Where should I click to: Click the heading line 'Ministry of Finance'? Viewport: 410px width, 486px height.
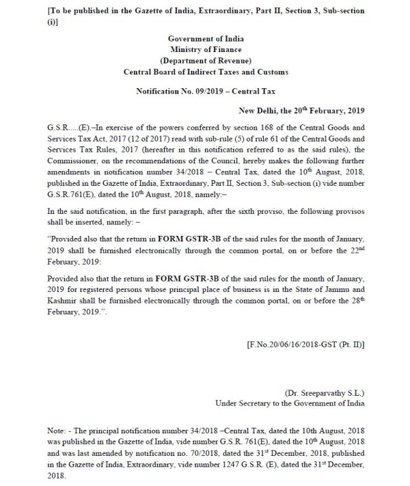coord(204,49)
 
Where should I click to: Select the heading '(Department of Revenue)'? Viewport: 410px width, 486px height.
coord(204,60)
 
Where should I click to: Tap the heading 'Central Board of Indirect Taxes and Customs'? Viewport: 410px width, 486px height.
coord(204,72)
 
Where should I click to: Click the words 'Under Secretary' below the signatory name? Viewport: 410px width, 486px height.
coord(245,404)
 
